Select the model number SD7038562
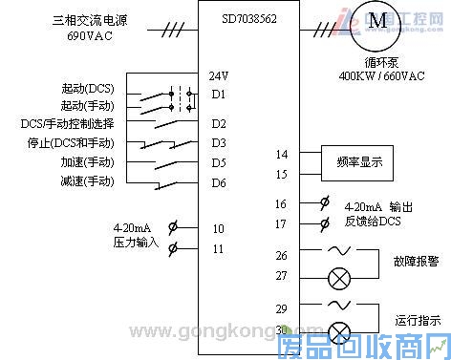click(248, 18)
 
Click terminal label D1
click(219, 94)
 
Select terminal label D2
click(219, 124)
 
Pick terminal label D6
click(219, 182)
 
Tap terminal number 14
click(281, 154)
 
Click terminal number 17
click(281, 223)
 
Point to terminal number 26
click(281, 255)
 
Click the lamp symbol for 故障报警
click(338, 277)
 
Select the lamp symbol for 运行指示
click(338, 331)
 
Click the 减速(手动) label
click(88, 180)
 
